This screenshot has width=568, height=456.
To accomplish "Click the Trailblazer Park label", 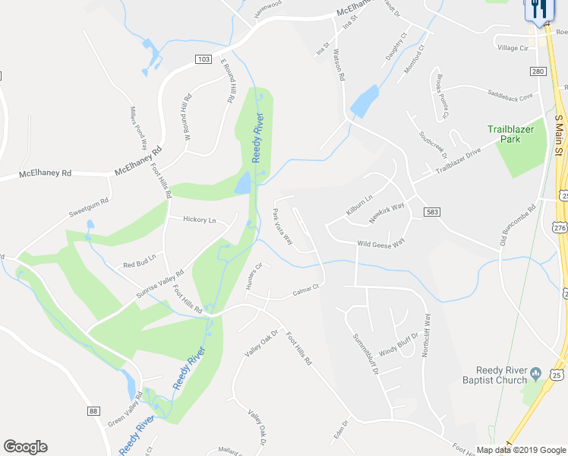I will click(x=516, y=135).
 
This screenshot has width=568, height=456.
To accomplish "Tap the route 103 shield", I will click(x=203, y=59).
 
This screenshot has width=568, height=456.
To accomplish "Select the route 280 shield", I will click(x=538, y=71).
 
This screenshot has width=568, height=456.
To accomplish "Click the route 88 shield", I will click(x=93, y=411).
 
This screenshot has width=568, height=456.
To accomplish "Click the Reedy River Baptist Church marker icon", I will click(x=536, y=372).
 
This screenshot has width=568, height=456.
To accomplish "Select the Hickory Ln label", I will click(x=200, y=220).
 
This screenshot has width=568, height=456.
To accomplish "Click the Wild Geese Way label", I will click(x=381, y=243).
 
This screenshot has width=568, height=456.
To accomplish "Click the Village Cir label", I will click(x=512, y=48).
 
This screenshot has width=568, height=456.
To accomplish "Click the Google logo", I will click(x=24, y=447).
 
